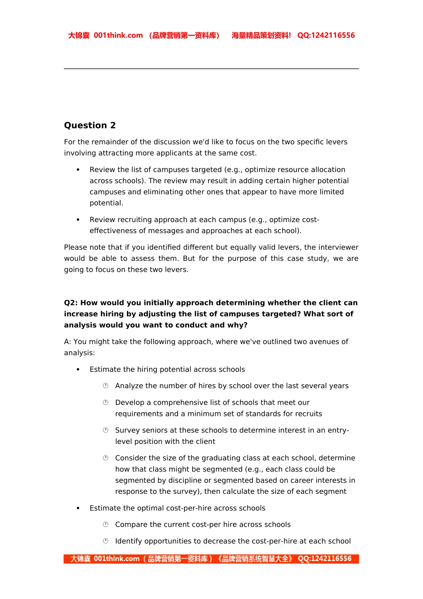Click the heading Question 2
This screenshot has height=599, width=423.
[89, 125]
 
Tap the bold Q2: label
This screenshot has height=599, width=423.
[71, 303]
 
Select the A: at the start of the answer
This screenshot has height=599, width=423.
[68, 342]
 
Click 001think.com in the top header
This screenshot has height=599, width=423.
[118, 36]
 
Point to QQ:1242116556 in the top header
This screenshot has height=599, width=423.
[326, 36]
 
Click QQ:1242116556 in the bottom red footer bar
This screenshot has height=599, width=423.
[324, 559]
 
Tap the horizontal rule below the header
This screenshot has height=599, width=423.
[211, 69]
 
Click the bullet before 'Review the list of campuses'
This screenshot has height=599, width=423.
[78, 170]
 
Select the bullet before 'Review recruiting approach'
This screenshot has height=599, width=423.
[78, 220]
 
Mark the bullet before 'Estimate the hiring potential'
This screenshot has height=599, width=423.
[78, 369]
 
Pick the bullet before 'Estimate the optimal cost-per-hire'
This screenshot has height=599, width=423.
[78, 508]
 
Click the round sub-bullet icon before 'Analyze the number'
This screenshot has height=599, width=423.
[106, 386]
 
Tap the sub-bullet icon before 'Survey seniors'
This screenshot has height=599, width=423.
[106, 431]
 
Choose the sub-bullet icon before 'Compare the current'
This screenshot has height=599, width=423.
[106, 525]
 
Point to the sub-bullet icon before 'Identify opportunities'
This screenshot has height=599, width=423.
[106, 541]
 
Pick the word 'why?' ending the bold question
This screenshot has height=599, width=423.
[237, 325]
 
